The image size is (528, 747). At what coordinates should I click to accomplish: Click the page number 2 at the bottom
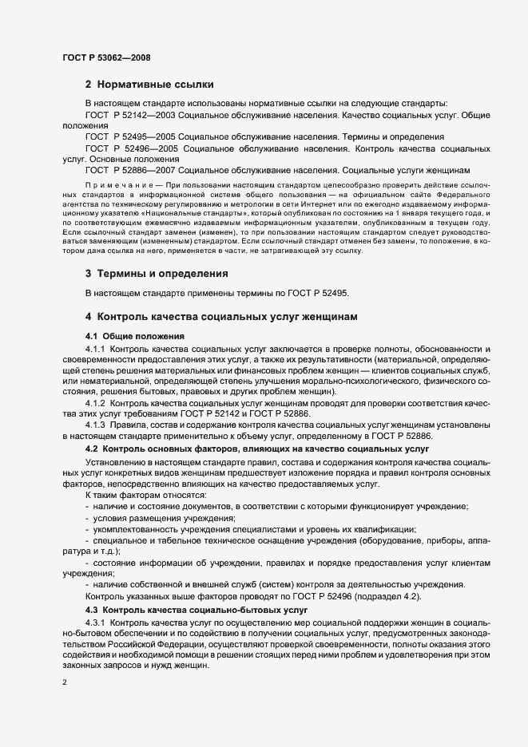(x=65, y=683)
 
